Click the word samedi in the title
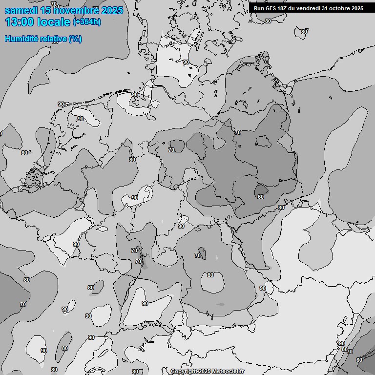[22, 10]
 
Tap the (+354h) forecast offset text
[87, 22]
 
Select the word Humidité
[22, 39]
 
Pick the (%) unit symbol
[76, 39]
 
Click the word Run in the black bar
[259, 8]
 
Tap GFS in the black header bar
[271, 8]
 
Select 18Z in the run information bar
[283, 8]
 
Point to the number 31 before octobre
[326, 8]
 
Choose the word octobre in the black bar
[340, 8]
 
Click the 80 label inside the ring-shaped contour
[210, 275]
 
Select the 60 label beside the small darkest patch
[261, 197]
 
